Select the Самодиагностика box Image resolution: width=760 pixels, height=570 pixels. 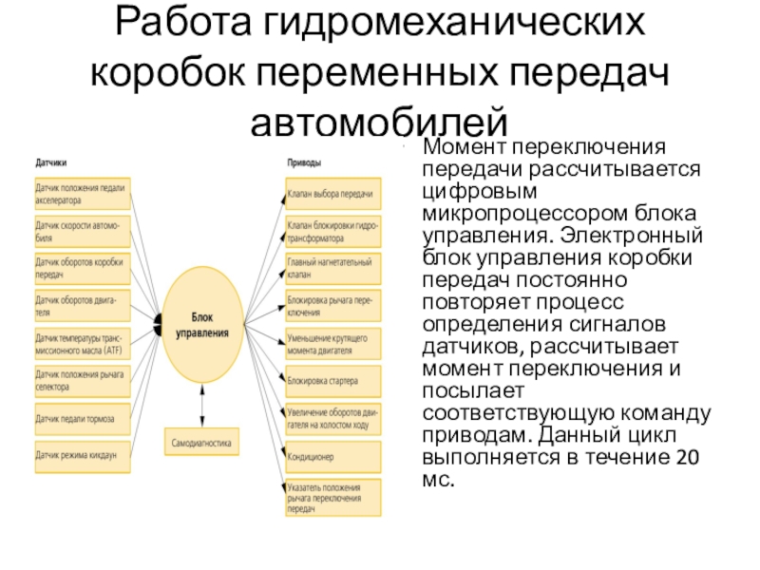point(201,442)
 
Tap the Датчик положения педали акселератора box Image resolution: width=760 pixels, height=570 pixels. point(80,193)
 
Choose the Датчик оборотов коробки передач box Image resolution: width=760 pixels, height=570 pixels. point(80,267)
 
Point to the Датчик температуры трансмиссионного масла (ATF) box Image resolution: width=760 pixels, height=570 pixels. point(80,343)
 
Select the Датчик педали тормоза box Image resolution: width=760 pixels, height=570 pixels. point(80,418)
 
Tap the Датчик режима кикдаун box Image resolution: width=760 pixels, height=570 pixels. point(80,455)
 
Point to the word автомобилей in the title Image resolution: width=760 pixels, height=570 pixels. point(380,120)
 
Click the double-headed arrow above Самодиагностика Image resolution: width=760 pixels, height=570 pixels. point(201,404)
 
